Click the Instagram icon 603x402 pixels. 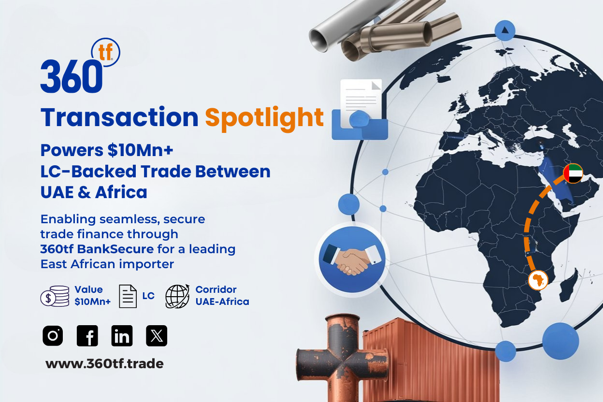[x=53, y=335]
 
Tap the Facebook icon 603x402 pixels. [x=87, y=335]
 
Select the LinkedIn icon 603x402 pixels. [x=122, y=335]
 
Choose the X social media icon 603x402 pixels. [x=157, y=335]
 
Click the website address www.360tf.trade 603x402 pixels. [x=104, y=364]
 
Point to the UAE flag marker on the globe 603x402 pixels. [x=573, y=173]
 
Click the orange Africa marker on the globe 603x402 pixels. [x=538, y=280]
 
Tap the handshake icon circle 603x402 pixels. [x=352, y=259]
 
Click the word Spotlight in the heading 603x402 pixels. [x=264, y=118]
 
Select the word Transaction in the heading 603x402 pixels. [x=119, y=117]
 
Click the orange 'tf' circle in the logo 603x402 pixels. [x=105, y=52]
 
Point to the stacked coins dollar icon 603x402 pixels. [x=55, y=296]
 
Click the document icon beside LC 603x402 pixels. [x=128, y=296]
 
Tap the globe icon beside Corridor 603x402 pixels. [x=177, y=296]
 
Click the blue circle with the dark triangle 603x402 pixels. [x=505, y=30]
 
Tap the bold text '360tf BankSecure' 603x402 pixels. [x=97, y=249]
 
